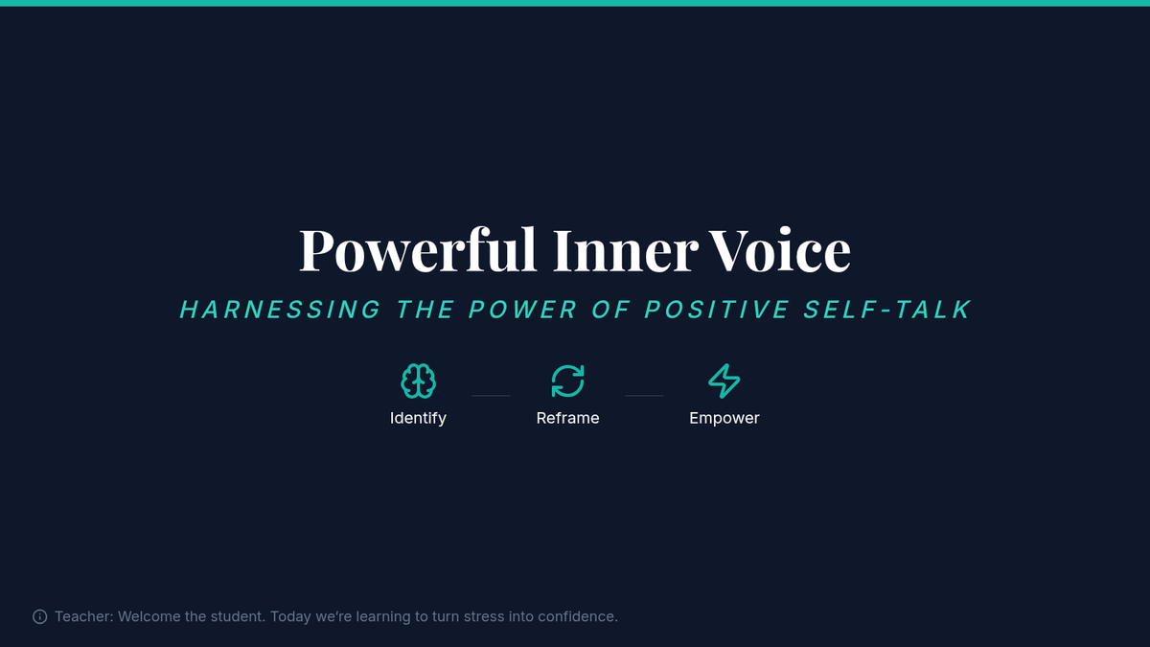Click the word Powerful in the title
tap(418, 250)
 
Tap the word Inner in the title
tap(626, 250)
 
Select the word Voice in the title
tap(779, 249)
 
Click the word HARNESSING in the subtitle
tap(280, 310)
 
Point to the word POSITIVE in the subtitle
tap(717, 310)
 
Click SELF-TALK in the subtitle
tap(887, 310)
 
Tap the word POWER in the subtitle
tap(523, 310)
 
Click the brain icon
tap(419, 381)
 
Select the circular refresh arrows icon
tap(567, 381)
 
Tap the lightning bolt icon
tap(724, 381)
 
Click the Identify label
tap(418, 419)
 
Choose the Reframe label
tap(567, 418)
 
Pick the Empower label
tap(724, 419)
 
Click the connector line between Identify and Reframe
tap(491, 395)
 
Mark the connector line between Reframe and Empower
tap(644, 395)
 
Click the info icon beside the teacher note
tap(40, 616)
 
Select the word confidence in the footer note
tap(578, 616)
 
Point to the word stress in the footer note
tap(484, 616)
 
